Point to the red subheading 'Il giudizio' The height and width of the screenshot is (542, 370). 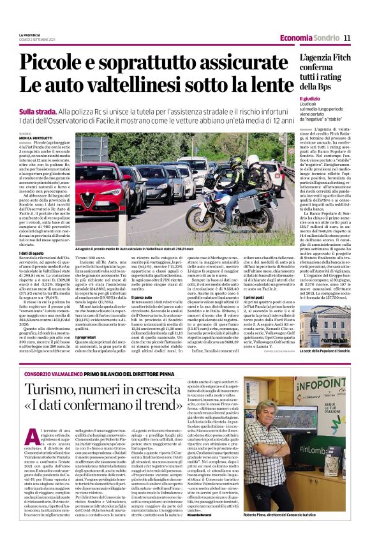tap(311, 99)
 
